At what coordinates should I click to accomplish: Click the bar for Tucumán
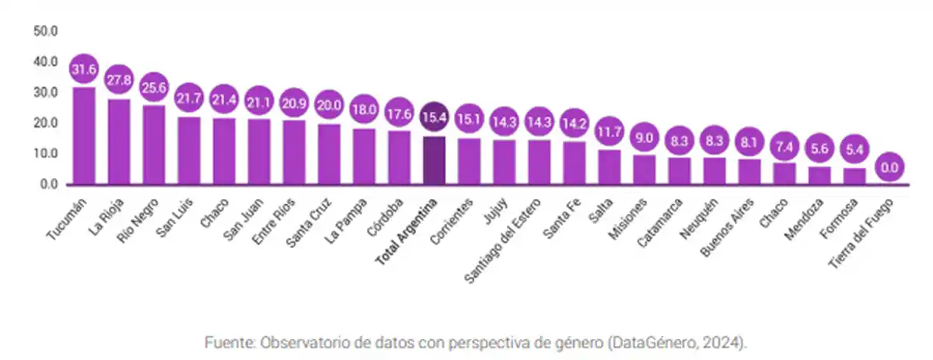pyautogui.click(x=83, y=136)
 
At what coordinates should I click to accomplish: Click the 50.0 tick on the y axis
pyautogui.click(x=45, y=31)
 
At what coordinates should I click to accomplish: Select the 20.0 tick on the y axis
pyautogui.click(x=45, y=123)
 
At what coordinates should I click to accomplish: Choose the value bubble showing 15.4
pyautogui.click(x=434, y=120)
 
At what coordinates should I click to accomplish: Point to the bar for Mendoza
pyautogui.click(x=819, y=176)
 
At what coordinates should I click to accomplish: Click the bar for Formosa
pyautogui.click(x=854, y=177)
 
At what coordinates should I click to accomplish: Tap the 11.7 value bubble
pyautogui.click(x=609, y=132)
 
